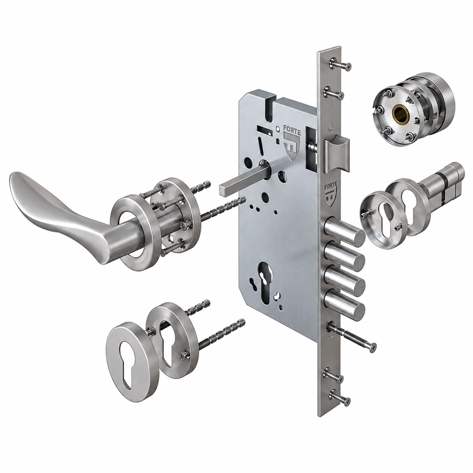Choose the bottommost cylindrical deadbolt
[x=344, y=304]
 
